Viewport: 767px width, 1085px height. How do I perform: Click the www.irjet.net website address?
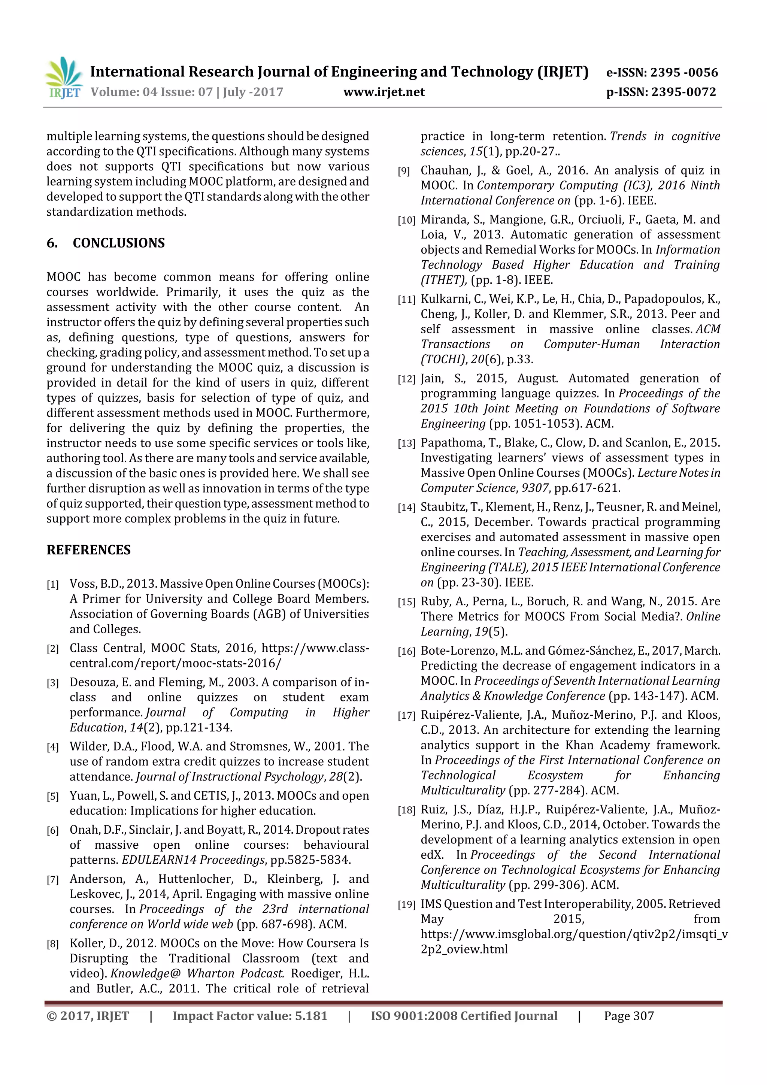click(384, 92)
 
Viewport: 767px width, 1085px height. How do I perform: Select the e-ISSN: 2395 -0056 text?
click(662, 72)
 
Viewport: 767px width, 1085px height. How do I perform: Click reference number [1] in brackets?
click(52, 585)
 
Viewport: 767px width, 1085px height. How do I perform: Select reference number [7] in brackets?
click(52, 879)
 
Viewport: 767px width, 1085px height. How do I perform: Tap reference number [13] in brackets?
click(406, 443)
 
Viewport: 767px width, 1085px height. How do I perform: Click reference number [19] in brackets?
click(406, 904)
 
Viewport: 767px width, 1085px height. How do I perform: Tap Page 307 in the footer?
click(628, 1016)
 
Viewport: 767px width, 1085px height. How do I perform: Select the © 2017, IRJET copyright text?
click(88, 1016)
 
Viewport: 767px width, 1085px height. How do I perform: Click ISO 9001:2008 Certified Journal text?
click(464, 1016)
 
